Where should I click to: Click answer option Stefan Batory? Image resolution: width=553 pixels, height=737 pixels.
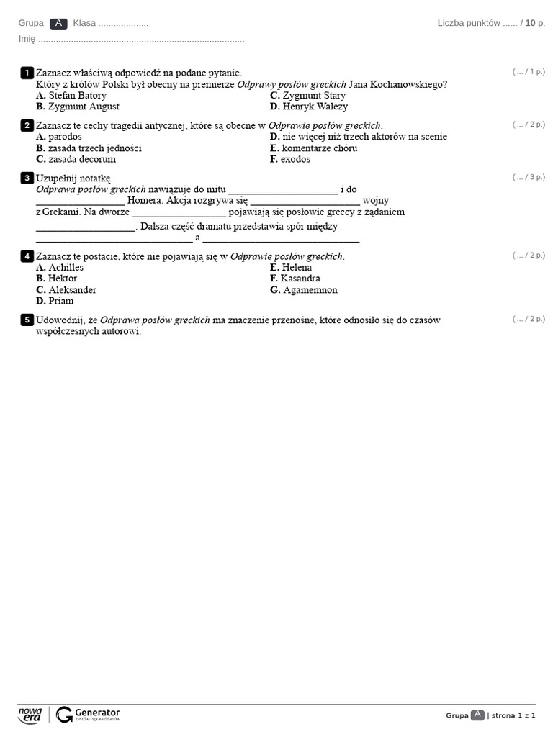coord(71,95)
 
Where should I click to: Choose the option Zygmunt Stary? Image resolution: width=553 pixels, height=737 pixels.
coord(307,95)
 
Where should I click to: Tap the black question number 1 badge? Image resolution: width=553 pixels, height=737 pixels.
coord(27,72)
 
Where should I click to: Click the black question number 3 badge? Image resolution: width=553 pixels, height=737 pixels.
coord(27,177)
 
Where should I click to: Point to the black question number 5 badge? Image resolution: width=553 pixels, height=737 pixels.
coord(27,320)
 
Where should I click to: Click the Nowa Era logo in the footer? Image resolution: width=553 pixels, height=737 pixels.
coord(31,715)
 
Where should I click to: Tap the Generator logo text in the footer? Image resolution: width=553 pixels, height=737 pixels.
coord(96,712)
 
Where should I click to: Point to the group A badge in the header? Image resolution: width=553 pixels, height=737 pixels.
coord(59,23)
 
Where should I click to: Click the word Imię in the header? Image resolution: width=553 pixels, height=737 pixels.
coord(27,39)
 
